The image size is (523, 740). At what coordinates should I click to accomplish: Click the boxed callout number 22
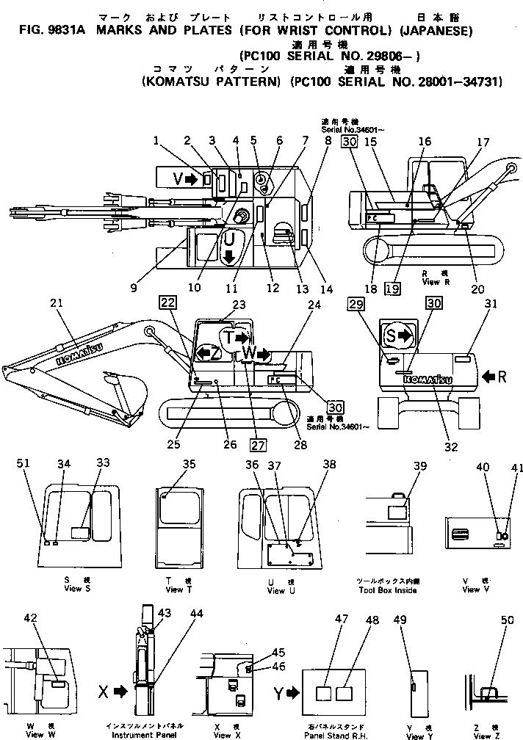[x=167, y=303]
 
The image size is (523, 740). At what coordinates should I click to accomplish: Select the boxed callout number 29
[x=356, y=303]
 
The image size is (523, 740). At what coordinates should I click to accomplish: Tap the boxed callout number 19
[x=392, y=289]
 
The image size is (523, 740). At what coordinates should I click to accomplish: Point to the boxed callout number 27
[x=257, y=443]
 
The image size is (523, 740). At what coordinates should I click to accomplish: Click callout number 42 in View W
[x=31, y=619]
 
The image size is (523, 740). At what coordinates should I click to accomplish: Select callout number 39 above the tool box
[x=419, y=467]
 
